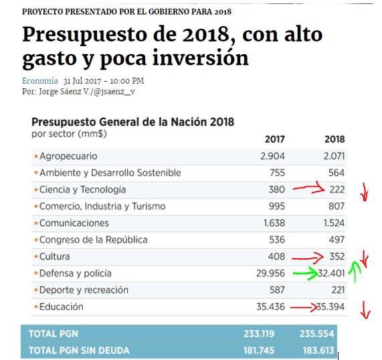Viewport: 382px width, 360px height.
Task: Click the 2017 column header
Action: (274, 139)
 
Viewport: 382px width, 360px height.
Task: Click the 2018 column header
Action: (335, 139)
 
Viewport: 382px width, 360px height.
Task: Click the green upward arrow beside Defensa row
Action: (356, 271)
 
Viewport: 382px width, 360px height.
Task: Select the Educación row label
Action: (61, 306)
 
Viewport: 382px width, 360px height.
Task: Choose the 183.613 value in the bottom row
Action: (318, 349)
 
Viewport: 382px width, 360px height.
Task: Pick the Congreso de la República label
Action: (93, 240)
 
